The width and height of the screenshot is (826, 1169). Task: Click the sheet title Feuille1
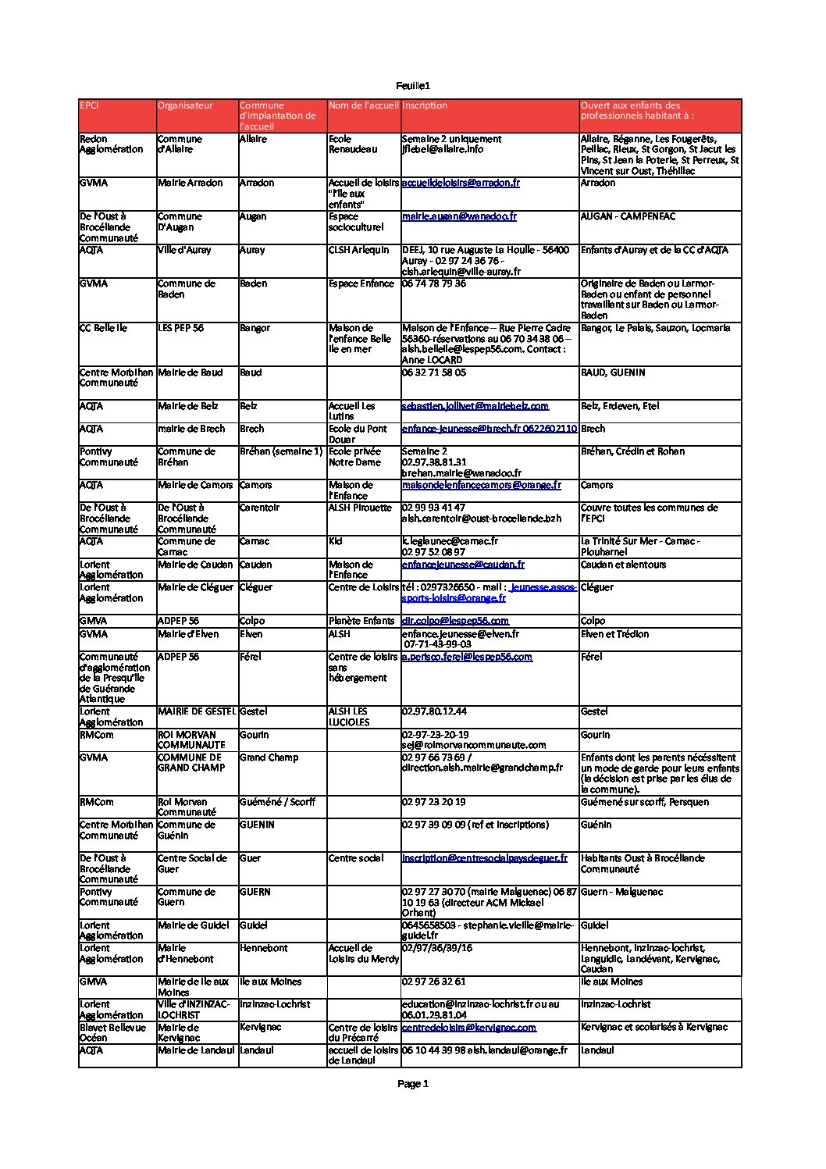(413, 86)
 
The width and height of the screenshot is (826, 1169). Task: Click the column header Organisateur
(185, 105)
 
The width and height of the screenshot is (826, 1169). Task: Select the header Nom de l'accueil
(363, 105)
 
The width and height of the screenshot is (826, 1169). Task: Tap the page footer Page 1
(413, 1083)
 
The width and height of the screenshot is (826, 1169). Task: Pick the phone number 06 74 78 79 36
(434, 283)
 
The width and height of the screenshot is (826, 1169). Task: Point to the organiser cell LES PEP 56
(180, 328)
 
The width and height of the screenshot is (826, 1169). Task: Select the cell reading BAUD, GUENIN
(613, 372)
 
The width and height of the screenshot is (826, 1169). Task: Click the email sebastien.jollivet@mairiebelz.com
(475, 406)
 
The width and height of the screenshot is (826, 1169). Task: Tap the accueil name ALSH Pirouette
(360, 508)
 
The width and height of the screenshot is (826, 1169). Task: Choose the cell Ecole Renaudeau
(352, 144)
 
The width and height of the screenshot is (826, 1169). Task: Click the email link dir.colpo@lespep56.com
(455, 621)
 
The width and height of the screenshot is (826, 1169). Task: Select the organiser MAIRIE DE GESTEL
(197, 711)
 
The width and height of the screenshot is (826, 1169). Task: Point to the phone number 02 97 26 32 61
(434, 982)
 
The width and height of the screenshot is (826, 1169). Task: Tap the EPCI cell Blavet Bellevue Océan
(112, 1032)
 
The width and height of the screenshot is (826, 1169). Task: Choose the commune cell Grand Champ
(269, 757)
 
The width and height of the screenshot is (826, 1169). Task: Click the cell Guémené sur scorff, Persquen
(645, 802)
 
